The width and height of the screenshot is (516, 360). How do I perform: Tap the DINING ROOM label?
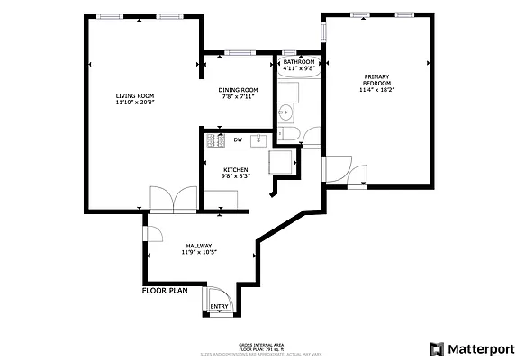click(x=239, y=90)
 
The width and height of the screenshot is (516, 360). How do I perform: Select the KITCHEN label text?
click(x=236, y=169)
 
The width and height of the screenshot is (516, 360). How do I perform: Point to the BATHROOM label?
click(x=299, y=62)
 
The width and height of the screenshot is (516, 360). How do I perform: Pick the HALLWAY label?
click(x=198, y=246)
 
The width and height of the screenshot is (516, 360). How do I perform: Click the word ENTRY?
click(x=220, y=308)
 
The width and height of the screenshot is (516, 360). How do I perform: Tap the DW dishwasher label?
click(x=238, y=139)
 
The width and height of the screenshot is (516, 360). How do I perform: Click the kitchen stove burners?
click(x=214, y=140)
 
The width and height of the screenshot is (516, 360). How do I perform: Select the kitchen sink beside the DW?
click(x=258, y=139)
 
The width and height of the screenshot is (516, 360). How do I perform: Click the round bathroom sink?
click(x=285, y=112)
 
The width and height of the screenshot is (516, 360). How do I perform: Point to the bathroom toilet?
click(x=308, y=136)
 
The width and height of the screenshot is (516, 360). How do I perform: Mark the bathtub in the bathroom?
click(x=298, y=89)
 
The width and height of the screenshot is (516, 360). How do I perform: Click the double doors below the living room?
click(x=173, y=199)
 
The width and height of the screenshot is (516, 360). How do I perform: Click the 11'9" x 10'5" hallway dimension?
click(x=198, y=253)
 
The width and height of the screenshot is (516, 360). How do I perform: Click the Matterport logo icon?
click(x=437, y=348)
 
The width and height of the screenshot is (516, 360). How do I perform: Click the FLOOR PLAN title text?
click(x=165, y=292)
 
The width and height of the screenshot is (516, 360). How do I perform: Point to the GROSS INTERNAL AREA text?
click(x=261, y=345)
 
